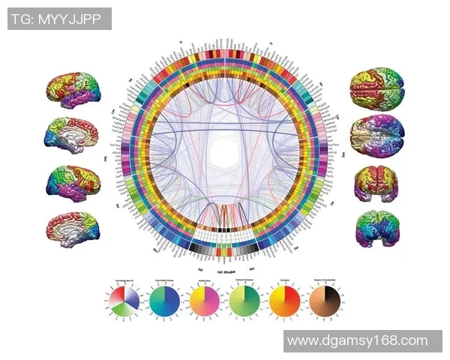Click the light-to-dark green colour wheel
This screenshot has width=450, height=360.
[x=244, y=301]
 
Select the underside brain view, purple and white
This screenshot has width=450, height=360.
[x=376, y=135]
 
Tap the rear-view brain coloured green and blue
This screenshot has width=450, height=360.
[x=376, y=227]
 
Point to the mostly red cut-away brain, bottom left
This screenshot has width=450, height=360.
[x=72, y=226]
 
